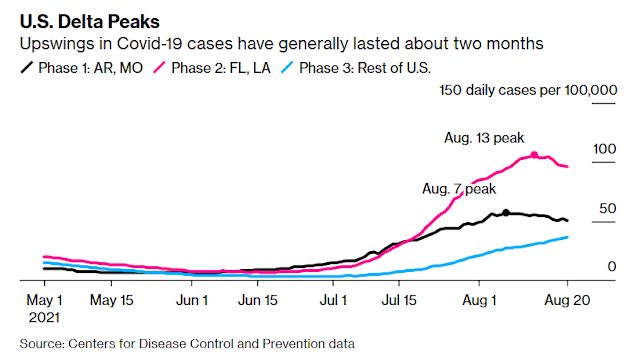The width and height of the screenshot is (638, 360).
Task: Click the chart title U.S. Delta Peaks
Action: coord(90,22)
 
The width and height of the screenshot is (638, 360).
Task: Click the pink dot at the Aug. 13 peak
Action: coord(534,155)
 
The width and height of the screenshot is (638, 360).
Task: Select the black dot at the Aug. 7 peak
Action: coord(506,212)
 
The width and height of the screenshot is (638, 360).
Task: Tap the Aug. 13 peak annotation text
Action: coord(484,138)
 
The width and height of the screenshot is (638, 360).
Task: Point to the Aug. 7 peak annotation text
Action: coord(459,189)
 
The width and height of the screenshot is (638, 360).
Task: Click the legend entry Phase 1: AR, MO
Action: coord(81,68)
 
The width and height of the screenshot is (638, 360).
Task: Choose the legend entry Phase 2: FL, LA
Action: coord(212,68)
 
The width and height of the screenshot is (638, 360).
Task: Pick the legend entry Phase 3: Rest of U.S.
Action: coord(356,68)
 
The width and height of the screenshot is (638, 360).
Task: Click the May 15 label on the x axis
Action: coord(111,300)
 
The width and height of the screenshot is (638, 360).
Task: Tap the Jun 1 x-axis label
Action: coord(192,300)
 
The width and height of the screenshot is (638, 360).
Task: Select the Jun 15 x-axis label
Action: coord(258,300)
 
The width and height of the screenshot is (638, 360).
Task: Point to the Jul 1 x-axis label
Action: coord(333,300)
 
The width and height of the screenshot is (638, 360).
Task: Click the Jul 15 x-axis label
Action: coord(399,300)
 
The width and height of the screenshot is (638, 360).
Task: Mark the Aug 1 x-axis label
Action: coord(479,300)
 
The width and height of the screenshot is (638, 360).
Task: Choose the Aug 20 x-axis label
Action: coord(567,300)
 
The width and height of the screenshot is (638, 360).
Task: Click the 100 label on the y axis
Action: coord(604,149)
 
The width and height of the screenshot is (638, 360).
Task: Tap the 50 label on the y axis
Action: coord(607,209)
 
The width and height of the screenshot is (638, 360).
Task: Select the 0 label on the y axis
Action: coord(612,266)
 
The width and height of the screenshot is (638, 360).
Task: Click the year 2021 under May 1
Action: coord(44,317)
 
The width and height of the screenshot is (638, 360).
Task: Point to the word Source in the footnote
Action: coord(42,344)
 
